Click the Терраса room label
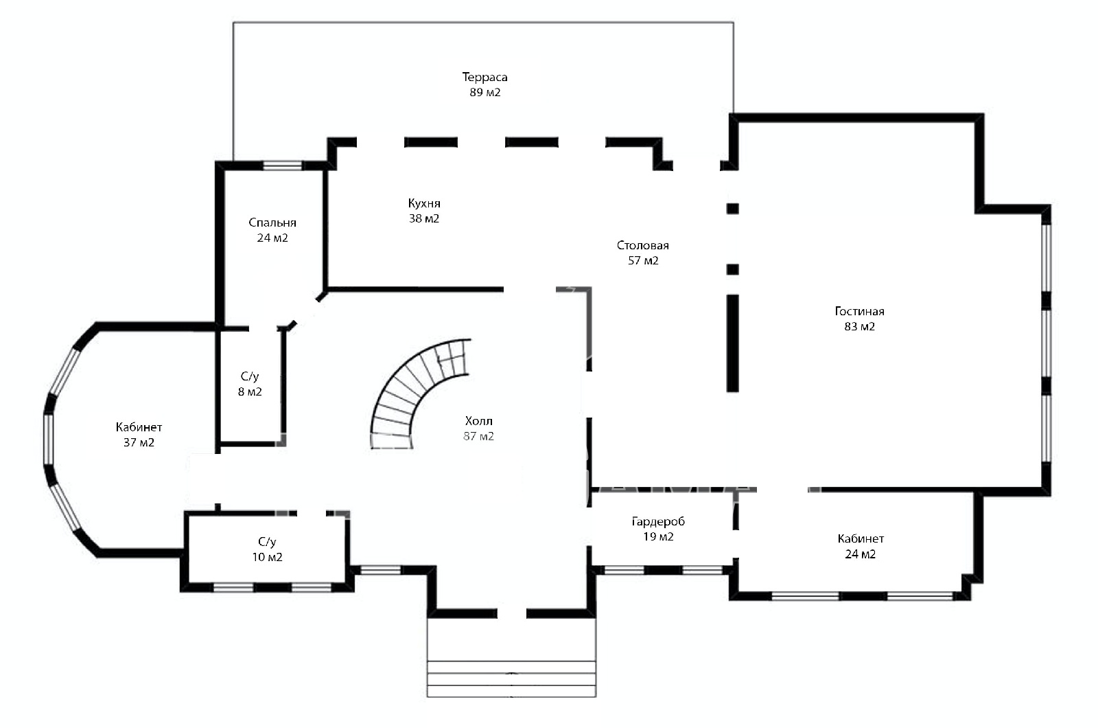(x=484, y=77)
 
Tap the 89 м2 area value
(x=484, y=92)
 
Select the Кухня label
(x=424, y=203)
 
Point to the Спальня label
(x=272, y=223)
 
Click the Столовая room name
(x=642, y=245)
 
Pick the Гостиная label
(x=859, y=311)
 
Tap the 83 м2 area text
(x=859, y=326)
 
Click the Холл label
(x=478, y=421)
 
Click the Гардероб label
(x=658, y=521)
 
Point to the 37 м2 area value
(x=139, y=442)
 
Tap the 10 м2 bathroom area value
(x=267, y=557)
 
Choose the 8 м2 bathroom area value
(x=250, y=391)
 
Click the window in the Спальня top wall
(x=282, y=166)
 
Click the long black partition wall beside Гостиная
(x=732, y=343)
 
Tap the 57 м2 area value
(x=642, y=260)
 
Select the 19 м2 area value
(x=658, y=536)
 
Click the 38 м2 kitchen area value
(x=424, y=218)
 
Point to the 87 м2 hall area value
(x=478, y=436)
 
